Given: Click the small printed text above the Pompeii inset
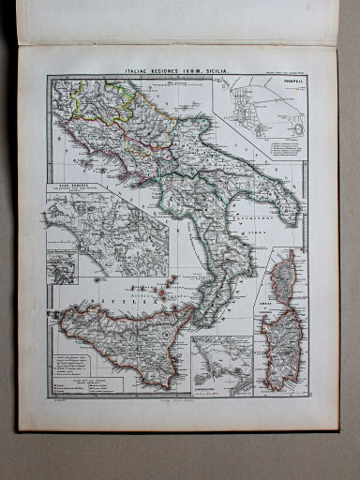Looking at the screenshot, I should [x=280, y=73].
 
